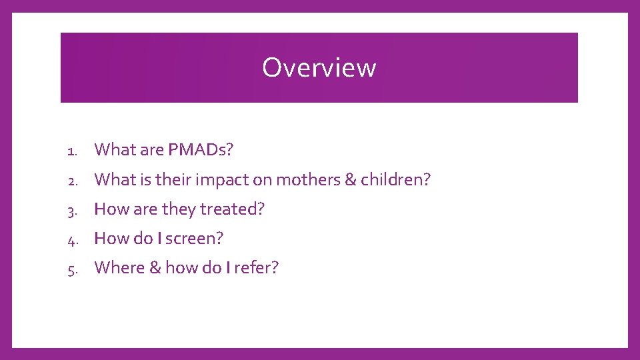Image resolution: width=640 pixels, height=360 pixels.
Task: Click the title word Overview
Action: click(319, 67)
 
